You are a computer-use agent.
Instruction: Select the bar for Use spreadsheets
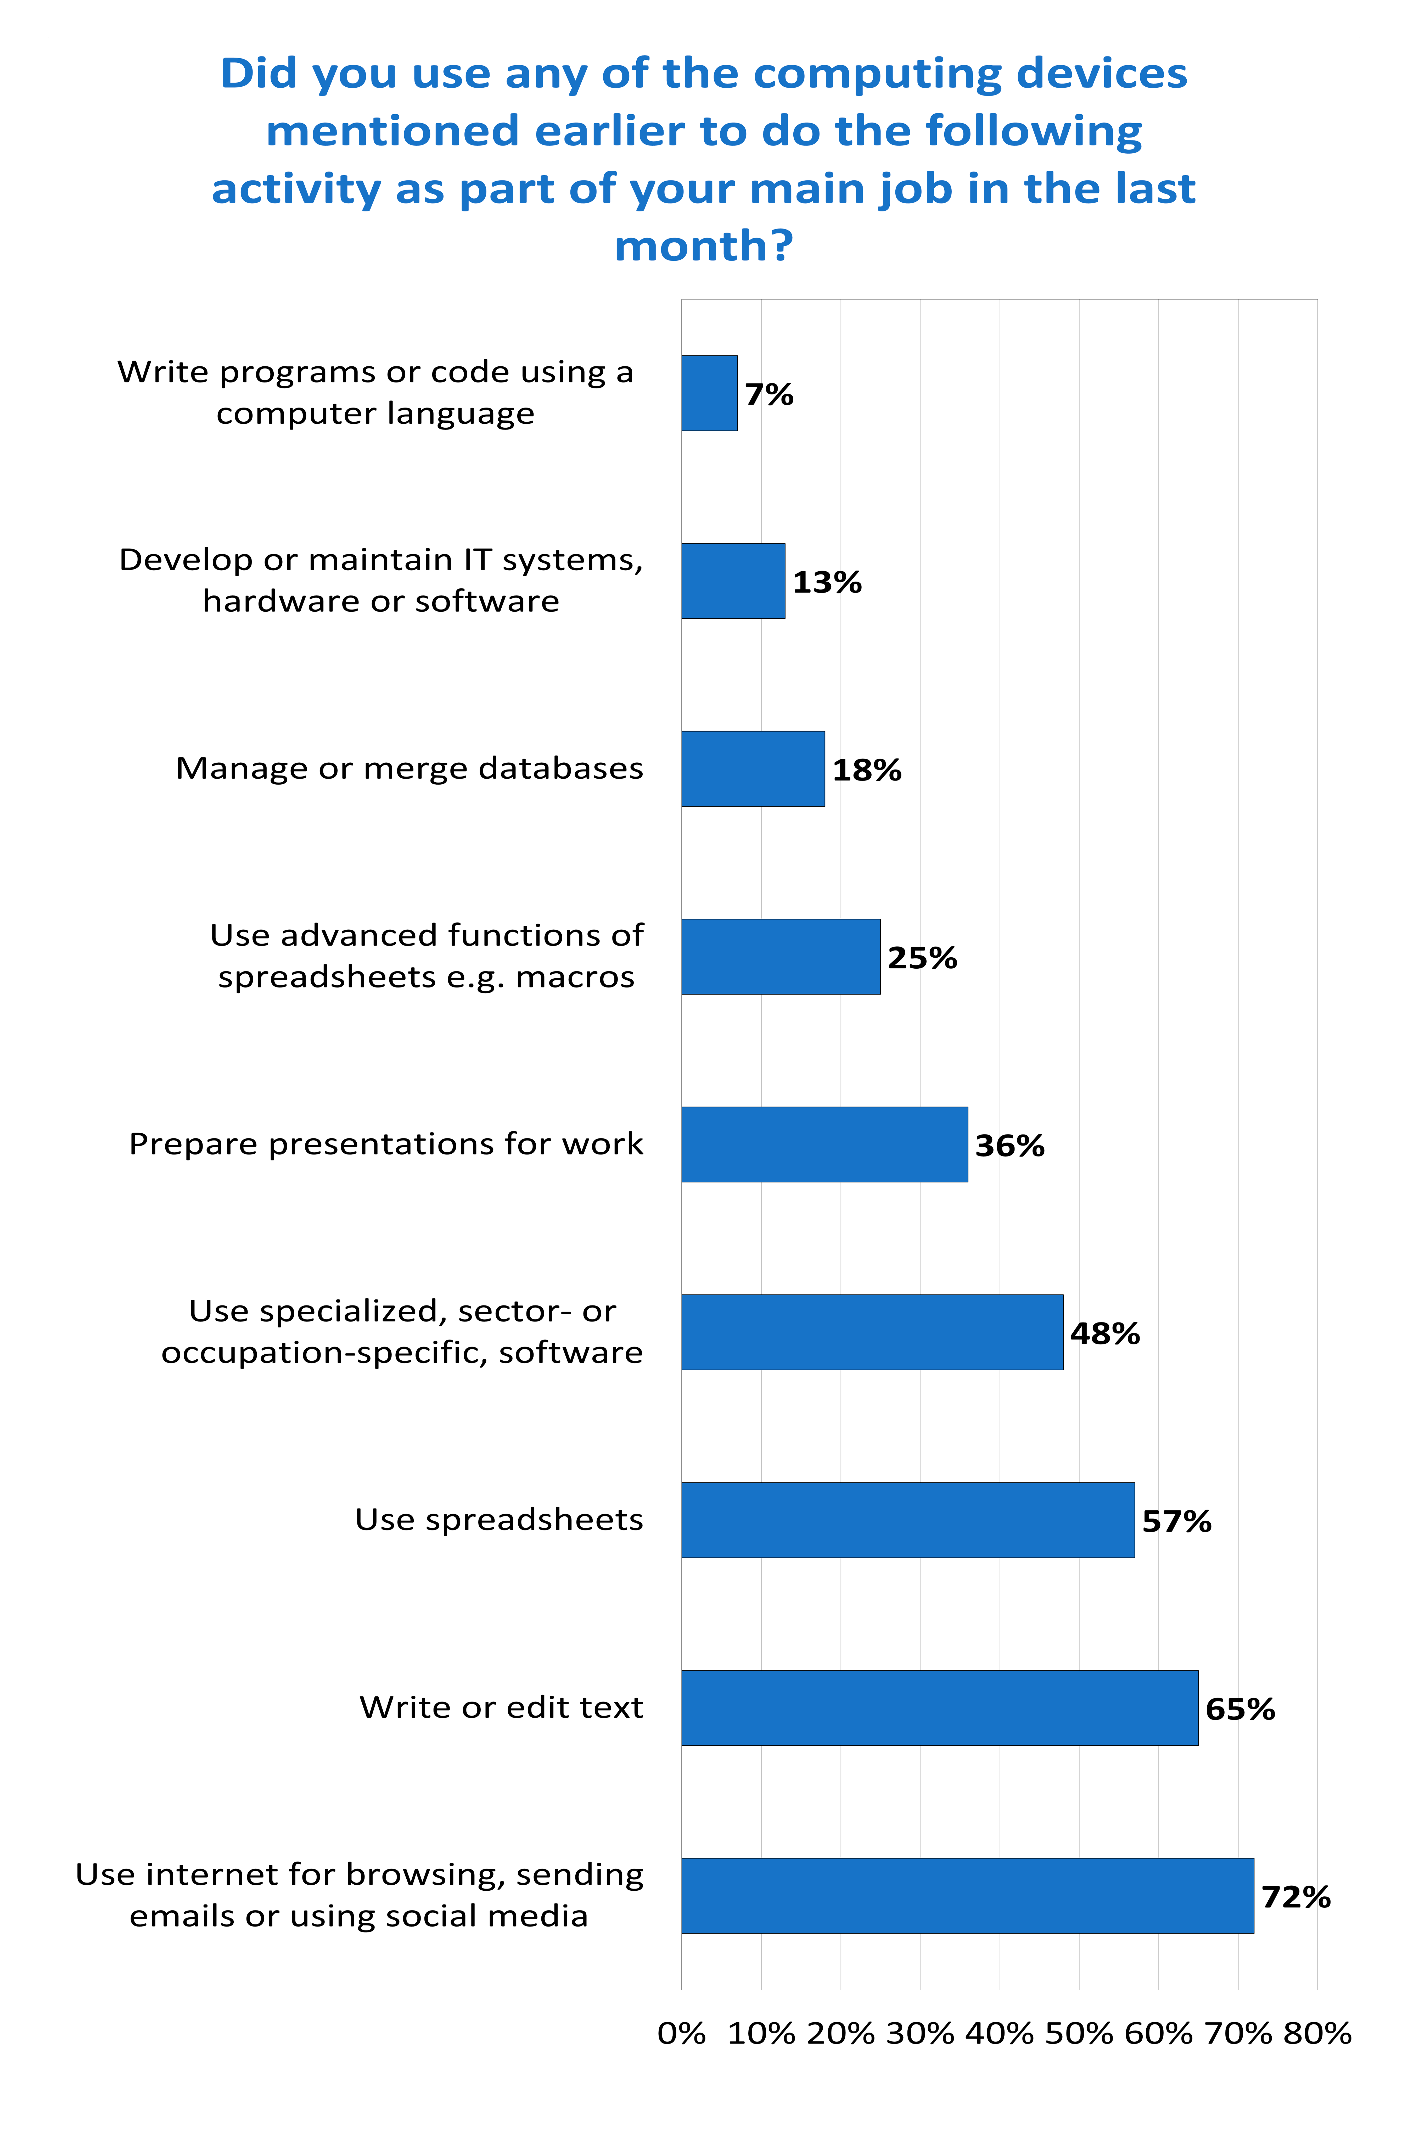[907, 1520]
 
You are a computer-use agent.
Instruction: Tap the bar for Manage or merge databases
[752, 768]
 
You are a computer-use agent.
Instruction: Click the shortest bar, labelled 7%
[709, 393]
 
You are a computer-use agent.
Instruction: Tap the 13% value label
[826, 582]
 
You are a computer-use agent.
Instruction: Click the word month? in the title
[704, 245]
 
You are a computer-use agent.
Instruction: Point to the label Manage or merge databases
[409, 768]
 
